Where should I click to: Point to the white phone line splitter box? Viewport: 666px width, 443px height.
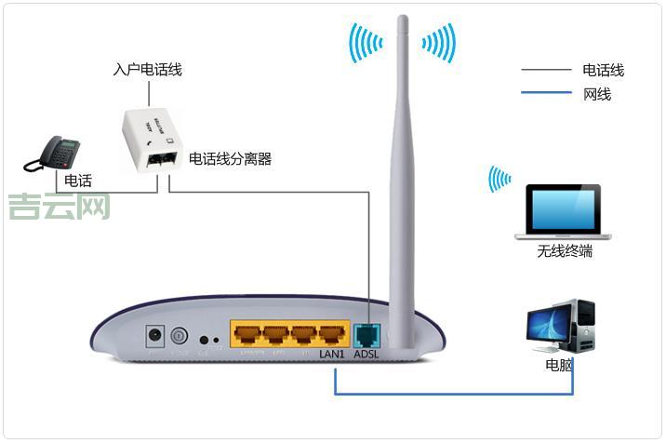click(153, 138)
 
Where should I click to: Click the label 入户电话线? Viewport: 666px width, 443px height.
click(147, 70)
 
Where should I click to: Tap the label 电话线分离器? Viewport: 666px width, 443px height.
click(230, 159)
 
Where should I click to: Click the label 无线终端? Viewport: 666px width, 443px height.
click(565, 251)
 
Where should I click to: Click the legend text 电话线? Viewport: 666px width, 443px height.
click(603, 70)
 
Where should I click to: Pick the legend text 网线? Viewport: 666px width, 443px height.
click(597, 94)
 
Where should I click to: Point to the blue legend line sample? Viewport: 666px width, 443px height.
click(546, 93)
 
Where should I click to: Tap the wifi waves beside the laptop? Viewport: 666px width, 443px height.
click(499, 179)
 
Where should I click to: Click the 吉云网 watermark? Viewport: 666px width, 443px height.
click(59, 206)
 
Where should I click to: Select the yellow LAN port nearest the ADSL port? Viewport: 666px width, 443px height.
click(332, 334)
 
